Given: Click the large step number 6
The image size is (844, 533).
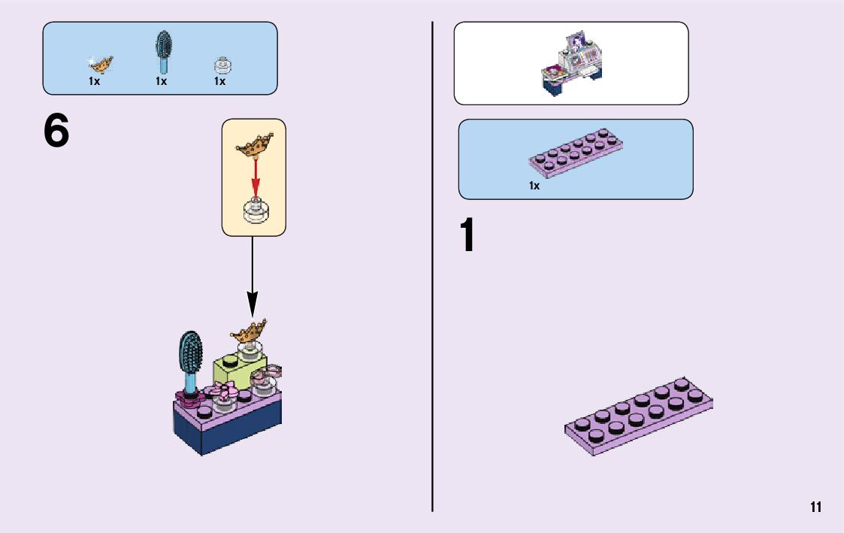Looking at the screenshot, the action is (56, 132).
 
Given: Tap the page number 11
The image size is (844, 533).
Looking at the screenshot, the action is (815, 507).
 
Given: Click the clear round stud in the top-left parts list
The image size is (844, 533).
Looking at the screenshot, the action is (220, 65).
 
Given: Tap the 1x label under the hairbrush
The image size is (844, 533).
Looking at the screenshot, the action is (162, 81).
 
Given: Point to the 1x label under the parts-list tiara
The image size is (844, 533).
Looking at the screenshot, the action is (95, 81).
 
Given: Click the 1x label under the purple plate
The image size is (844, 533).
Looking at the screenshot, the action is (534, 185).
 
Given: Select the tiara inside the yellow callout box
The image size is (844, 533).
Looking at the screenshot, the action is (254, 144).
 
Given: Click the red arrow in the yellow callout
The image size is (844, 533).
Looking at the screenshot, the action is (254, 176).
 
